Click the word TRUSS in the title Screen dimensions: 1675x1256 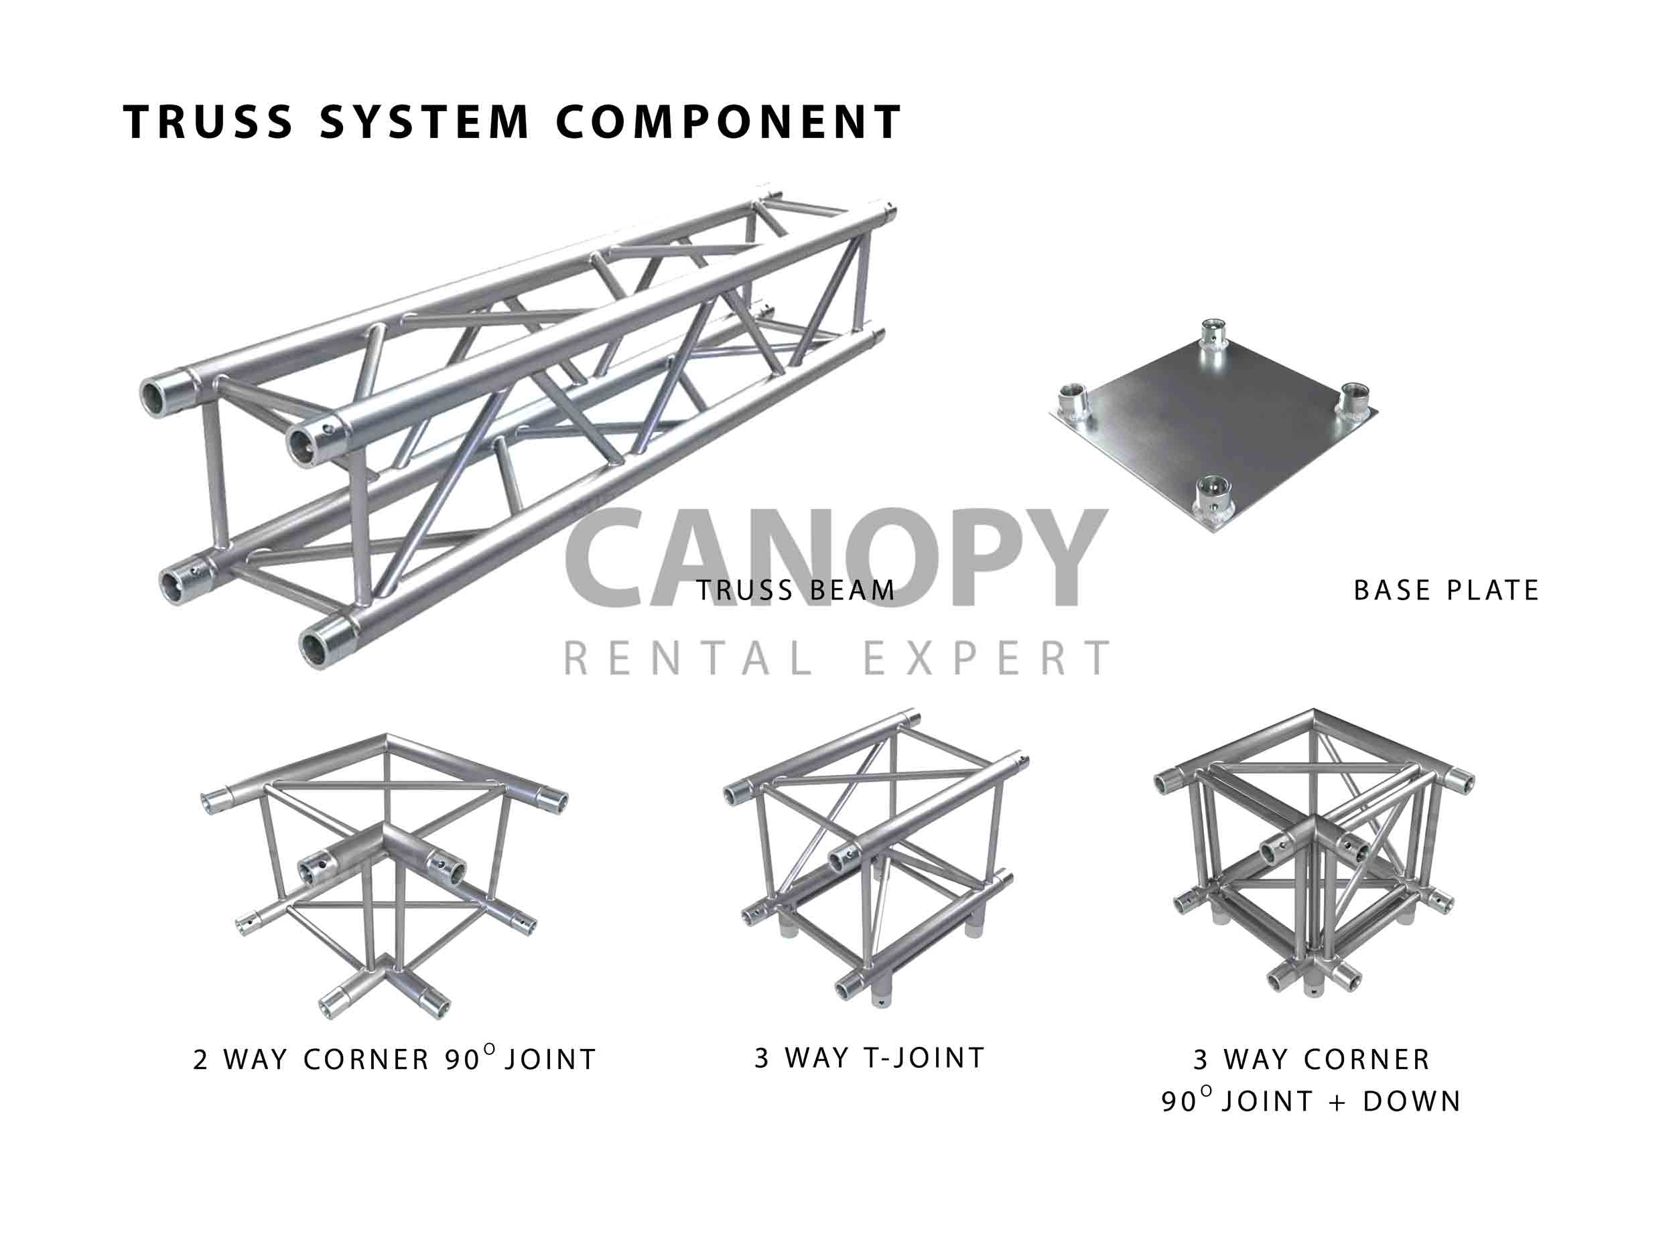coord(208,122)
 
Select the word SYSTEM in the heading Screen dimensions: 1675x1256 coord(424,122)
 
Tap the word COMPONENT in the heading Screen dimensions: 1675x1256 coord(728,122)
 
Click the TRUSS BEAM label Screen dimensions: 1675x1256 coord(796,591)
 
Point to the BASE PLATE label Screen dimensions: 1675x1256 coord(1447,591)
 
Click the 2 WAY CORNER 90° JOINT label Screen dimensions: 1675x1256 coord(395,1059)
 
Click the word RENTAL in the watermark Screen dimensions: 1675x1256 coord(689,658)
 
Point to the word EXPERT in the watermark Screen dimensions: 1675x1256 coord(988,658)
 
